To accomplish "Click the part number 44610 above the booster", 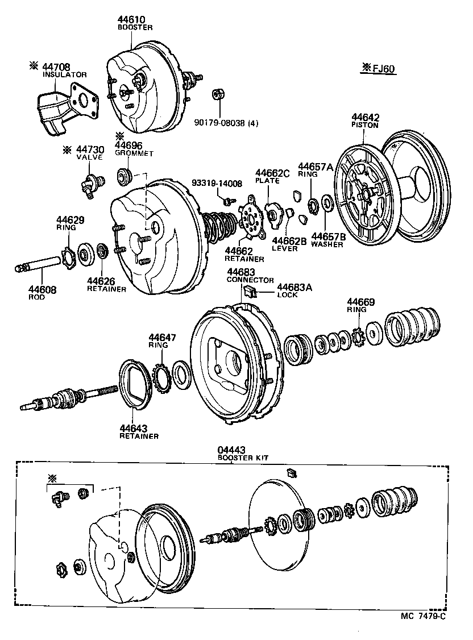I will coord(131,19).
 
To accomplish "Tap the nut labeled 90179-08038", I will coord(216,94).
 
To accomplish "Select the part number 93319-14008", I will coord(217,183).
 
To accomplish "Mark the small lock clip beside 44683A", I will coord(251,292).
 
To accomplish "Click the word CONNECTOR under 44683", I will coord(250,280).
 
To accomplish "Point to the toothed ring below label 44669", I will coord(358,337).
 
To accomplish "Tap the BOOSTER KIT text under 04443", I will coord(244,457).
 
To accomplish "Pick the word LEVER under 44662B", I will coord(284,248).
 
